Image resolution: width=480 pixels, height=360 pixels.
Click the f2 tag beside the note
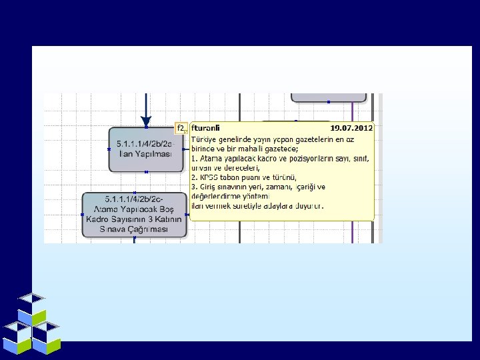(x=180, y=127)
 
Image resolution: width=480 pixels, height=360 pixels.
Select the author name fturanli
(x=206, y=127)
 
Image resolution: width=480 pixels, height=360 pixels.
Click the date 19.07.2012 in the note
(x=351, y=127)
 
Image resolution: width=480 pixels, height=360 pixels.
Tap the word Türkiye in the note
(x=203, y=139)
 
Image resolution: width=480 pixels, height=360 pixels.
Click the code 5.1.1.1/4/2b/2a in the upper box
(x=144, y=144)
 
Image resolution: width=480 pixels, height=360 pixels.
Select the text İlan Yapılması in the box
(x=145, y=154)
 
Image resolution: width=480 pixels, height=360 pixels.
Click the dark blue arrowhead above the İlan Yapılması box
(x=146, y=121)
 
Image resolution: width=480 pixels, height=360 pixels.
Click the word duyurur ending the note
(x=309, y=206)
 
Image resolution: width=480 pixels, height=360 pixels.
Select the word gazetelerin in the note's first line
(x=306, y=139)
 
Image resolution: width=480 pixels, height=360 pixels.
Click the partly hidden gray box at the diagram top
(x=328, y=97)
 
